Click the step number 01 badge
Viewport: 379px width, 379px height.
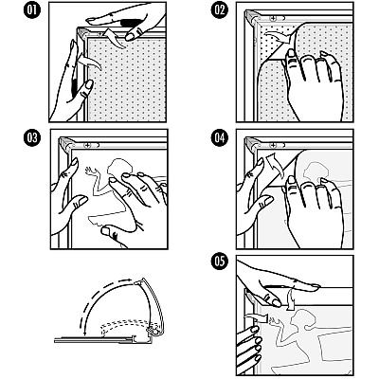pyautogui.click(x=31, y=10)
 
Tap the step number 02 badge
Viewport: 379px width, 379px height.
pyautogui.click(x=220, y=10)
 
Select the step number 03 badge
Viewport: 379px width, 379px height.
pyautogui.click(x=31, y=138)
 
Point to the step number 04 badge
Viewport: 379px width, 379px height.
pyautogui.click(x=220, y=138)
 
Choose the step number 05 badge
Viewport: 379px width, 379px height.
pyautogui.click(x=220, y=262)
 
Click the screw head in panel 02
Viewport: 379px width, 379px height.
pyautogui.click(x=273, y=18)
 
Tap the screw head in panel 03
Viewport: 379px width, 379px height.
pyautogui.click(x=87, y=145)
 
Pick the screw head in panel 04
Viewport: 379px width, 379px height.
pyautogui.click(x=273, y=145)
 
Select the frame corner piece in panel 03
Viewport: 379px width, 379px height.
pyautogui.click(x=67, y=145)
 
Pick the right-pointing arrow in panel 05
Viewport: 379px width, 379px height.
pyautogui.click(x=257, y=317)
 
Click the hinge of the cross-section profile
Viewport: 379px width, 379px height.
pyautogui.click(x=153, y=332)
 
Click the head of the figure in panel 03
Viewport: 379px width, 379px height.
pyautogui.click(x=118, y=167)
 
